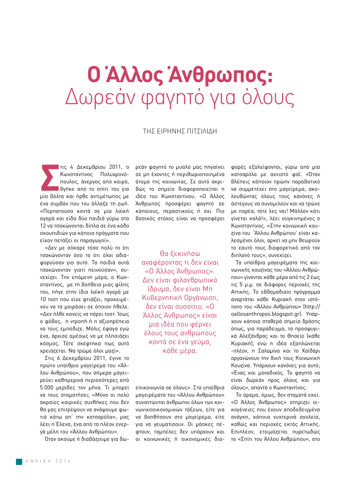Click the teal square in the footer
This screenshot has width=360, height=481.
tap(19, 461)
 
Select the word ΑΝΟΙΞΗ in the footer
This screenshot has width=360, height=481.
tap(39, 461)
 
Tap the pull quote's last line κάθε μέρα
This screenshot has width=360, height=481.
tap(180, 351)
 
